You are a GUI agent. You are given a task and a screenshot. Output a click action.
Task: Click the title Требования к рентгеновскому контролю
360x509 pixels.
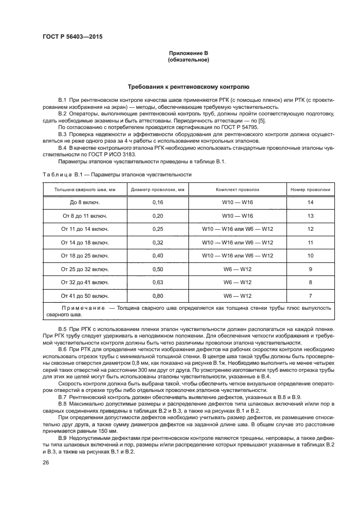[188, 86]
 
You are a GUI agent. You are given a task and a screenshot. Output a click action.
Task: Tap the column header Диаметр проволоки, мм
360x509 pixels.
[158, 189]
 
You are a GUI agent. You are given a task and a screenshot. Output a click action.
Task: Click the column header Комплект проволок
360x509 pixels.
[237, 189]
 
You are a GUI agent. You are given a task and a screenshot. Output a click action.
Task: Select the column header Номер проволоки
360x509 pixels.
[310, 189]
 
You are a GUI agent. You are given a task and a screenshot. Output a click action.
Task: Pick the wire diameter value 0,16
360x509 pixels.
[158, 203]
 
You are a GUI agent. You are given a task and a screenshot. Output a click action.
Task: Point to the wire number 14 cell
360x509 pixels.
[310, 203]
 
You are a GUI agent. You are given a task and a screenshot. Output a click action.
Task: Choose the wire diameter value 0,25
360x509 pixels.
[158, 229]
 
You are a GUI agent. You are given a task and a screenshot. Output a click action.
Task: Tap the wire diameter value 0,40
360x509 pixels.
[158, 255]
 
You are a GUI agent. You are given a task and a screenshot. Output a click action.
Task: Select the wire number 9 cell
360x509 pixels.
[310, 269]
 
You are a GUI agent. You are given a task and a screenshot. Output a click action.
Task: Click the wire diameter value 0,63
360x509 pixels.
[158, 282]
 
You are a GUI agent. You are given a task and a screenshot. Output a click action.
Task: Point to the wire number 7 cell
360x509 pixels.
[310, 296]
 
